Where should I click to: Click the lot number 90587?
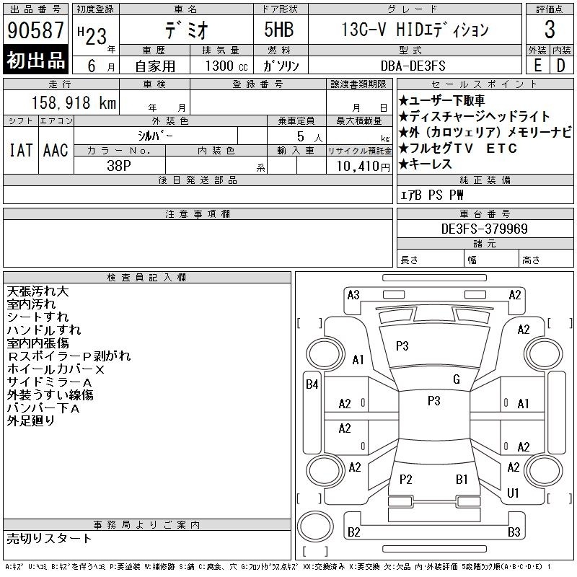[x=35, y=30]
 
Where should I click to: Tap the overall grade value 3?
[x=550, y=30]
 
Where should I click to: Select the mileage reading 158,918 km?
[x=74, y=102]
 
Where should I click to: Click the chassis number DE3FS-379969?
[x=484, y=229]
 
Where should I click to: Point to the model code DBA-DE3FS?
[x=413, y=66]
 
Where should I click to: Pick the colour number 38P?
[x=119, y=166]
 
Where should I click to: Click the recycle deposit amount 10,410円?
[x=364, y=167]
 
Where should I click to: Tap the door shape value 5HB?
[x=279, y=30]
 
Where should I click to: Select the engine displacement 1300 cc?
[x=226, y=66]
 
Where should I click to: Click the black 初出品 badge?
[x=35, y=60]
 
